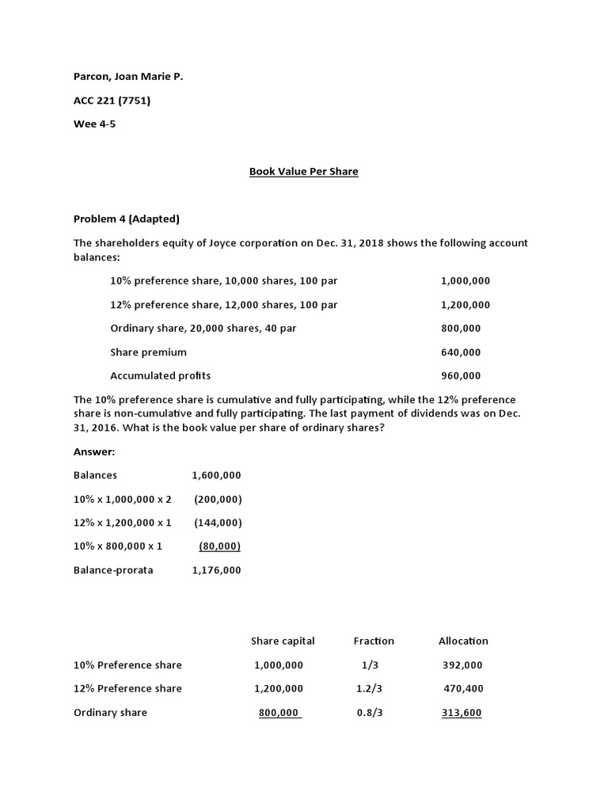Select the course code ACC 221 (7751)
coord(112,101)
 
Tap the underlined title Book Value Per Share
coord(304,171)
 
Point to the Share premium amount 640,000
coord(461,352)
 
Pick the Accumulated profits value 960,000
coord(461,375)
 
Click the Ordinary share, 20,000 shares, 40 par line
coord(203,328)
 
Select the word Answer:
coord(94,451)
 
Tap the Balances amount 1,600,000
coord(216,475)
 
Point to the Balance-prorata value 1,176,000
coord(216,570)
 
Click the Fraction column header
coord(374,641)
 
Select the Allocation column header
coord(463,641)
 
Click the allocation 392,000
coord(462,664)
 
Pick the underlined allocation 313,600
coord(462,712)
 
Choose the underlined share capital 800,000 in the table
coord(279,712)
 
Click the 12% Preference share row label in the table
coord(127,688)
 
